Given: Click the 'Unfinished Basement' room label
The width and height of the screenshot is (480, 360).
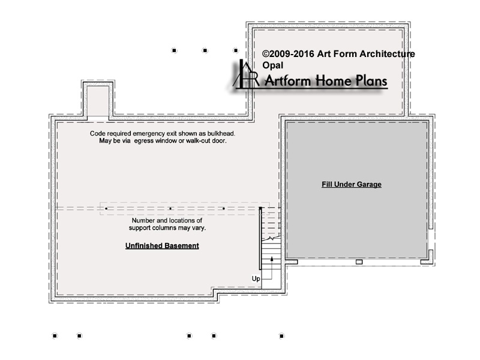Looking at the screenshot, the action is [162, 245].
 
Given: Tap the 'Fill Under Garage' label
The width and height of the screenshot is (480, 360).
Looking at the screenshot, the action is [352, 184].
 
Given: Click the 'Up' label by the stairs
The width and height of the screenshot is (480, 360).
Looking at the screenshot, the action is [256, 278].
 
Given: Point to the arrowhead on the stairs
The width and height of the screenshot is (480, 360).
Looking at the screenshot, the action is [272, 259].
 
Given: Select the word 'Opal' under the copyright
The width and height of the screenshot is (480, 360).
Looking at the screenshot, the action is [273, 65].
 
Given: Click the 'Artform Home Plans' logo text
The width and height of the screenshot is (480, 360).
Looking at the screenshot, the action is [326, 81].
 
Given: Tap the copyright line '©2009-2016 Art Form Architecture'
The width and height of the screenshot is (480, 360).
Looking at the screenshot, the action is [338, 54].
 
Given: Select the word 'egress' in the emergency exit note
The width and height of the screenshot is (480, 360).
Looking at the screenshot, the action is [144, 141].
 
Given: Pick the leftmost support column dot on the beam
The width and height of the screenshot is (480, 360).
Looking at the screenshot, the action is [106, 208].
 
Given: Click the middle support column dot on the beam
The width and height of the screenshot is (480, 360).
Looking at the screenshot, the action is [170, 208].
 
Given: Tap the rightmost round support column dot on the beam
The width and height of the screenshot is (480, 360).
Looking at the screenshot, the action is [224, 208].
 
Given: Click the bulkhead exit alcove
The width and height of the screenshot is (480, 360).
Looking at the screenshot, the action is [98, 101].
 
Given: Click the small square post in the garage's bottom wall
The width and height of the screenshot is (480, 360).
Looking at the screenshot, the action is [359, 262].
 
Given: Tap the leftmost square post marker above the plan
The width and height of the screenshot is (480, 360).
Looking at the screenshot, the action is [174, 50].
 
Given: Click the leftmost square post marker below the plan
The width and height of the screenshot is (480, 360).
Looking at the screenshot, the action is [55, 336].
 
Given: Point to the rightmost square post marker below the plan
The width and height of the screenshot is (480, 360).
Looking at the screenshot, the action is [281, 336].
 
